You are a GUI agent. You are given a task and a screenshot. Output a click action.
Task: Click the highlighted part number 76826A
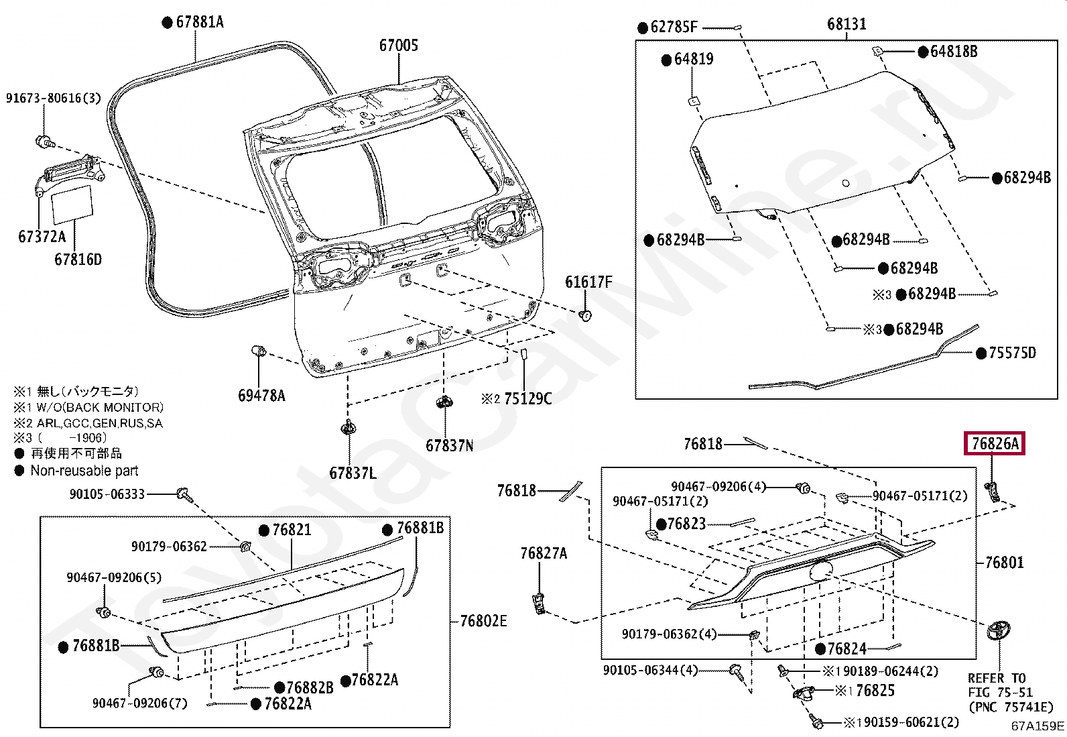coord(995,443)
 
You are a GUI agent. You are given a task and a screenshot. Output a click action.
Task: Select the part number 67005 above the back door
coord(398,45)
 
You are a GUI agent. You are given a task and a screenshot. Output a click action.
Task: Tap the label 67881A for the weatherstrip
coord(199,22)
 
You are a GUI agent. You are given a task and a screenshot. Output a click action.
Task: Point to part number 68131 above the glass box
coord(846,24)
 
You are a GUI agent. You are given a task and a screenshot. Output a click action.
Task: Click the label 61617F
coord(588,282)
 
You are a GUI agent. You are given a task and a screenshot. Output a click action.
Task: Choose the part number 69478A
coord(261,396)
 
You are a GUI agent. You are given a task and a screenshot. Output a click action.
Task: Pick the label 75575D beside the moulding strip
coord(1012,353)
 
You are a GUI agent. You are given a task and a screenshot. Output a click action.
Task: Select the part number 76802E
coord(483,621)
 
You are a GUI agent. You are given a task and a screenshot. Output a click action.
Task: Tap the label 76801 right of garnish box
coord(1004,563)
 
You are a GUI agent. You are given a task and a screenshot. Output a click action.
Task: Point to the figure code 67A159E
coord(1038,726)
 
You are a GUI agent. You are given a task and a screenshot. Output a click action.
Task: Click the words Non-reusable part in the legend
coord(84,471)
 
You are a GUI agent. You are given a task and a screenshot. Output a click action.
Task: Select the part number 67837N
coord(449,445)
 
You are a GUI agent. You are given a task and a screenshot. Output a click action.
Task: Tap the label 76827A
coord(544,553)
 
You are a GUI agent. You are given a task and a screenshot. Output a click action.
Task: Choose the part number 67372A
coord(42,237)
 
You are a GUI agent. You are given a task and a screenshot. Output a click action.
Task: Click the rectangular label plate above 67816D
coord(72,203)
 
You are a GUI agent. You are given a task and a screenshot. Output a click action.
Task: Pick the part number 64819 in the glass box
coord(693,59)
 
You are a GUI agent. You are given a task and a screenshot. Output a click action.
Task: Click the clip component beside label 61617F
coord(585,315)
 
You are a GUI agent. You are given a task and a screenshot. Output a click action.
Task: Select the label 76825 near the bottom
coord(875,691)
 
